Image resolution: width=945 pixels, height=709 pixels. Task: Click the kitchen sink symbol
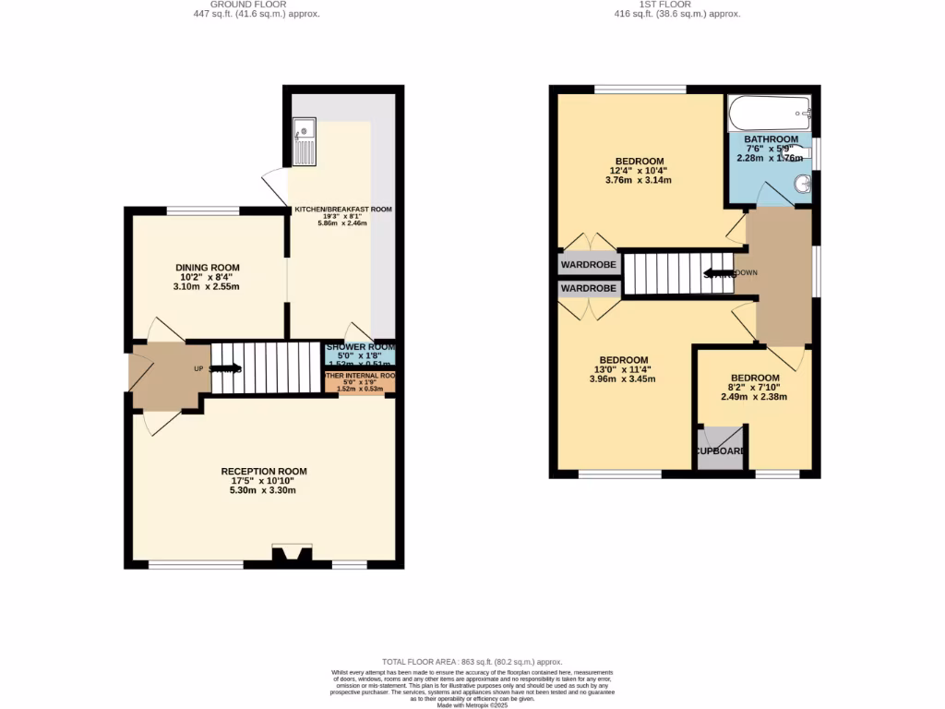click(304, 141)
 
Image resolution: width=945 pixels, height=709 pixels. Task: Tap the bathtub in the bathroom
click(769, 114)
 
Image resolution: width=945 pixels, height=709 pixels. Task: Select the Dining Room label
click(206, 267)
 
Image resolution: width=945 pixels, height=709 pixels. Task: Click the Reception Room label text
click(263, 471)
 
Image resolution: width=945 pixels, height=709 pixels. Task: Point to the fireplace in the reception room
click(290, 554)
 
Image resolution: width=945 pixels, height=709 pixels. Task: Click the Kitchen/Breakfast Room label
click(343, 210)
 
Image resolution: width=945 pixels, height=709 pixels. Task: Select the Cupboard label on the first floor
click(721, 451)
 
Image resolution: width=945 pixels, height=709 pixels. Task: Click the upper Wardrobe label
click(588, 265)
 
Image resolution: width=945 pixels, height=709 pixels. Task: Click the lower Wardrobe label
click(588, 289)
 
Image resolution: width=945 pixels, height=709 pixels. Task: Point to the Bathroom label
click(771, 138)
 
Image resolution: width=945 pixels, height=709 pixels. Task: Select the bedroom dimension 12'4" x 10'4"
click(639, 171)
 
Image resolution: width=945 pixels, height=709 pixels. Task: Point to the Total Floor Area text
click(472, 662)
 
